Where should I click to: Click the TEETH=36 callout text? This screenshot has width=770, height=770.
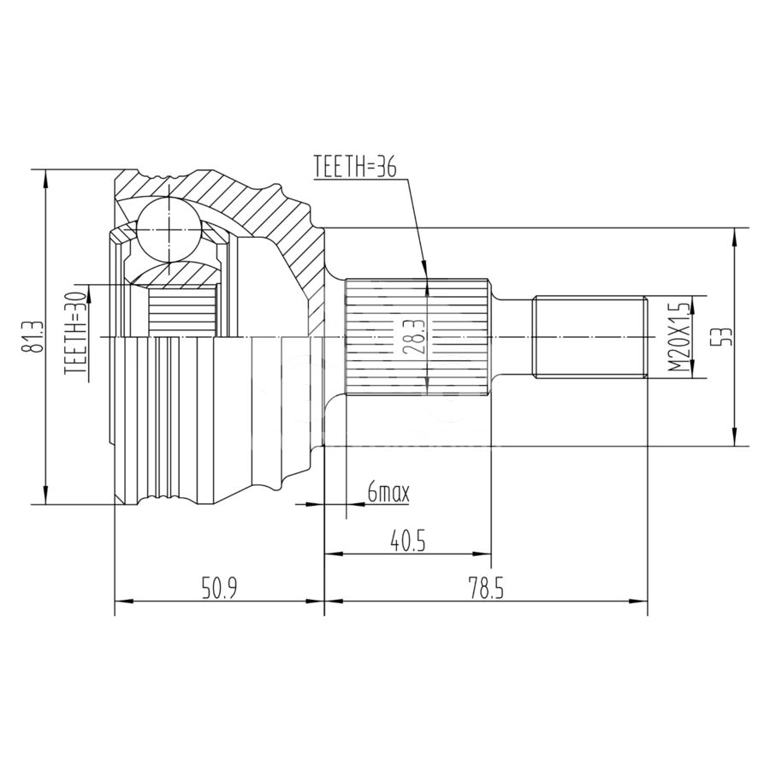click(354, 167)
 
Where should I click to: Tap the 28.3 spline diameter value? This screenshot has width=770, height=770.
click(411, 338)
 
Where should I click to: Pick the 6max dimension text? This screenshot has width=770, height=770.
click(388, 493)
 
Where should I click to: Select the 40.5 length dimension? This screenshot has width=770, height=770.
click(407, 542)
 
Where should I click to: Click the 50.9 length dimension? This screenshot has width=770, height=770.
click(220, 589)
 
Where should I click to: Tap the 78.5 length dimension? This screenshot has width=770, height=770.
click(486, 589)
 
